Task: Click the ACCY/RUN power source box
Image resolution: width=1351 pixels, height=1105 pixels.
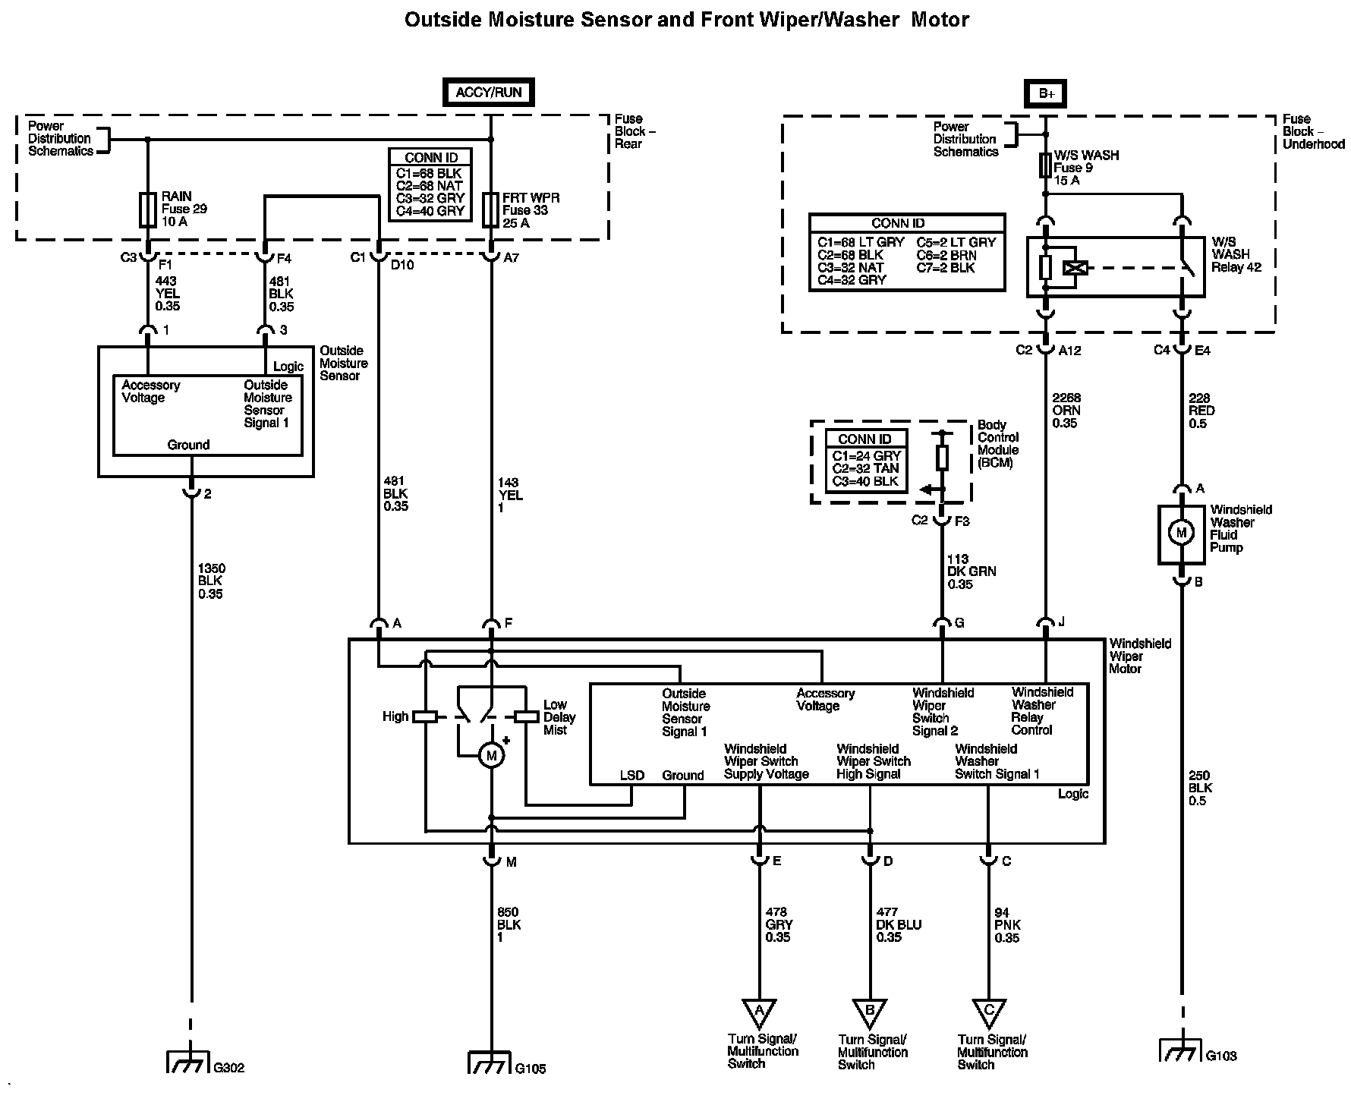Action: (x=489, y=93)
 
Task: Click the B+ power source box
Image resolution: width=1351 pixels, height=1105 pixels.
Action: (x=1047, y=93)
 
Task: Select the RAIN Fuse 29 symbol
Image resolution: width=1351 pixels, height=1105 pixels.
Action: (x=148, y=209)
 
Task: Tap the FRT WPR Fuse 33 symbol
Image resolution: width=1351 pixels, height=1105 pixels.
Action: (x=490, y=209)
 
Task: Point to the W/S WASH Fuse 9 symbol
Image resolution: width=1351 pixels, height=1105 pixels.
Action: (x=1046, y=165)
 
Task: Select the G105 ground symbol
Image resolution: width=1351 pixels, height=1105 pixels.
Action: (x=490, y=1062)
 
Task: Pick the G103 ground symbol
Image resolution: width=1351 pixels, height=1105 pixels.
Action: (x=1181, y=1050)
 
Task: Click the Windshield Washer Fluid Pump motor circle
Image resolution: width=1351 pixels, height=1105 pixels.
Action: (x=1181, y=534)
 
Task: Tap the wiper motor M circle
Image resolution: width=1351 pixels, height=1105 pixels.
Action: (x=491, y=755)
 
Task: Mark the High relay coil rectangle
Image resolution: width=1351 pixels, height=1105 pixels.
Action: (x=425, y=716)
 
